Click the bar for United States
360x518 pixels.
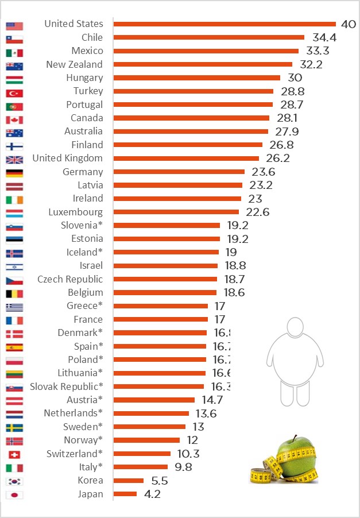pos(224,24)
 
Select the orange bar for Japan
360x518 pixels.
pos(125,494)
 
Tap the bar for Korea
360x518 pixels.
pos(129,480)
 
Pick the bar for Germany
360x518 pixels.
pos(179,172)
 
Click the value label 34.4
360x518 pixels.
pos(324,38)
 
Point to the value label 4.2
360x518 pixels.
pos(151,494)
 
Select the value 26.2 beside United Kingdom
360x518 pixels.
pos(277,159)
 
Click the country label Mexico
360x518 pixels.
pos(87,51)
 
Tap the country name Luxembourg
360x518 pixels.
pos(76,212)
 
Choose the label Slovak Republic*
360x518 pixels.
pos(67,386)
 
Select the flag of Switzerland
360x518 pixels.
pos(14,455)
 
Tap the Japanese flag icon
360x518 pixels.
pos(14,495)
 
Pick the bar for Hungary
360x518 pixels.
pos(196,78)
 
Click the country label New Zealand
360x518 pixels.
pos(75,64)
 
